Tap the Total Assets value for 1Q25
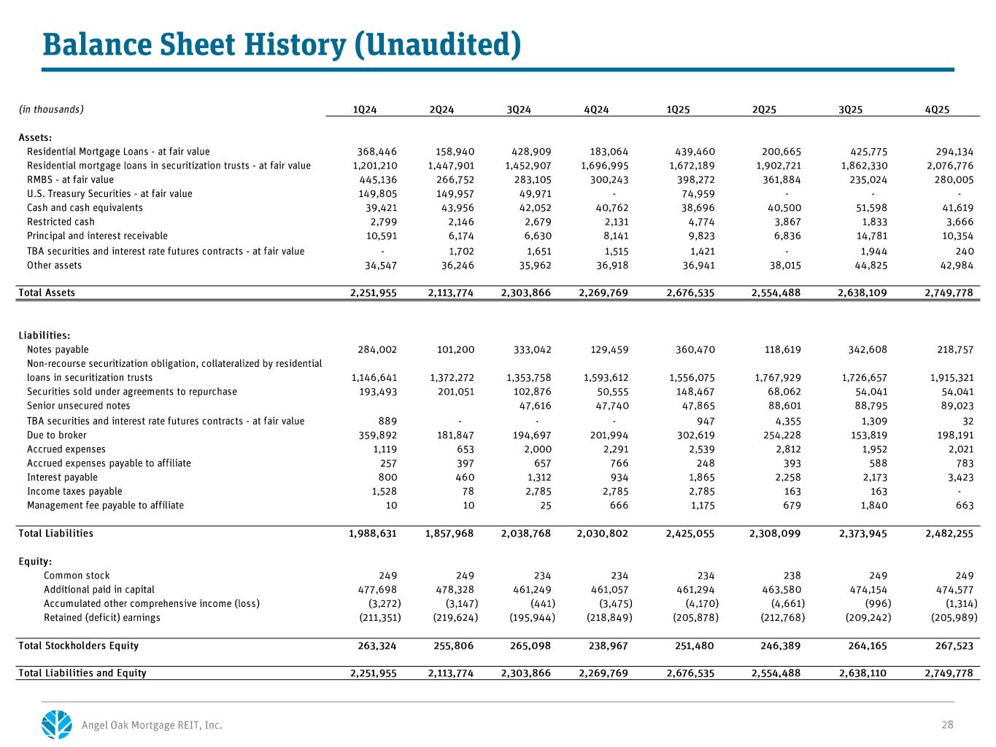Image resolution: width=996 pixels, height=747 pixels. (x=690, y=293)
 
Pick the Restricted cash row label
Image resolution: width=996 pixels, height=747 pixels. (x=61, y=222)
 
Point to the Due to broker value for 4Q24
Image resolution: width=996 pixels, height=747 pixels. (x=608, y=436)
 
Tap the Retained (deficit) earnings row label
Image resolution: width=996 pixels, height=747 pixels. (x=101, y=618)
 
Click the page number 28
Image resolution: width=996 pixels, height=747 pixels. (x=947, y=725)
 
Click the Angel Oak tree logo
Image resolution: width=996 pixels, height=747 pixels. (x=57, y=724)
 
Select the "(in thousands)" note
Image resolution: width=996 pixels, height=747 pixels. (x=51, y=110)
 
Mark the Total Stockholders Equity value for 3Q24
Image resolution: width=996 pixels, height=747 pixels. (x=526, y=646)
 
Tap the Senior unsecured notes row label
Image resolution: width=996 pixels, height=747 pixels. (x=78, y=406)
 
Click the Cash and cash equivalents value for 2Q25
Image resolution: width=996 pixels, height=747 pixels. (x=783, y=208)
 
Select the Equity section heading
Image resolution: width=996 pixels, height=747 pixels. (x=34, y=562)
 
